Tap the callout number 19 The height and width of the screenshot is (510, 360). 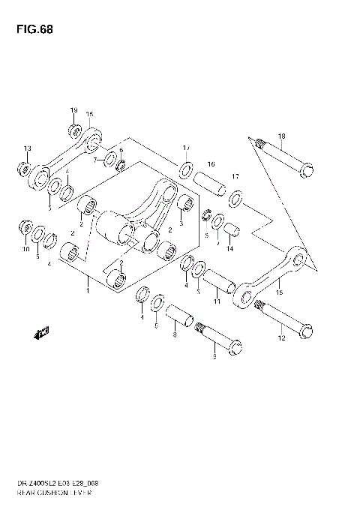(x=74, y=111)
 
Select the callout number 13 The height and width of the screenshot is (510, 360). (x=27, y=147)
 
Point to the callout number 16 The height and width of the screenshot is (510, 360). (x=211, y=163)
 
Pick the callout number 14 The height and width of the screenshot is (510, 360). (x=230, y=248)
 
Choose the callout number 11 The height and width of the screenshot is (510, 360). (x=216, y=301)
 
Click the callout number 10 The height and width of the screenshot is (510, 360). (x=25, y=248)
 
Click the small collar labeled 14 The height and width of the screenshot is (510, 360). (x=232, y=229)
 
